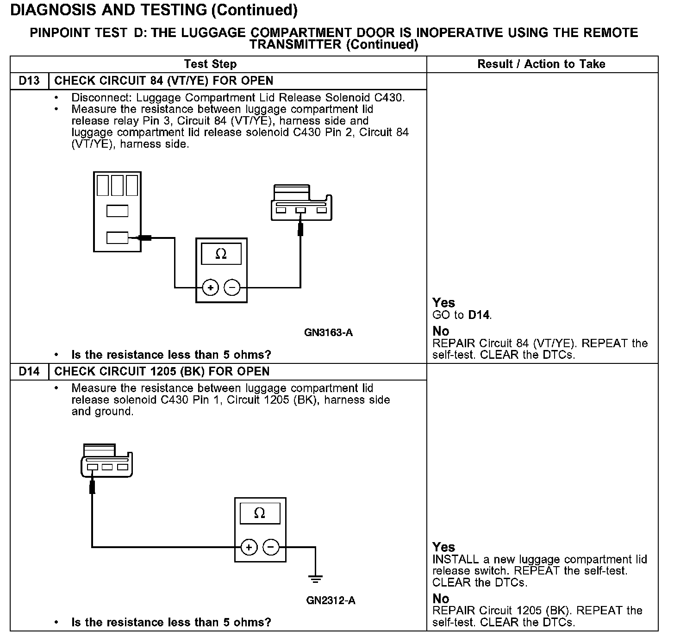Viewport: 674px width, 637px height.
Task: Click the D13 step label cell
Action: tap(29, 81)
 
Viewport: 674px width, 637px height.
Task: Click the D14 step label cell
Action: tap(29, 372)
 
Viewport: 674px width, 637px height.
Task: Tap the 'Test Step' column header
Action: tap(210, 64)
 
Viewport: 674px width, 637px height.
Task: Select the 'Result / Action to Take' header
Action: tap(541, 64)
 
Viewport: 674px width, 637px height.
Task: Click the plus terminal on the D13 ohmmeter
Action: tap(211, 288)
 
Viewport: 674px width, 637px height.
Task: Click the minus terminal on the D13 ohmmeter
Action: tap(232, 288)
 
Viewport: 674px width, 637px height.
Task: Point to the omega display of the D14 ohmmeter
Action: tap(260, 513)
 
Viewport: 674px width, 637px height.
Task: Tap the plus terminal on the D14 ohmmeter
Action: tap(249, 547)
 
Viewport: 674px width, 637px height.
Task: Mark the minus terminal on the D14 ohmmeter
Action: tap(271, 547)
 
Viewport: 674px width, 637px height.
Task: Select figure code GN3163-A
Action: tap(329, 332)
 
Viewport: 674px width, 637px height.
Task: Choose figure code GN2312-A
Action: tap(331, 601)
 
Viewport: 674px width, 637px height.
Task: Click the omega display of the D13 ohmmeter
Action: tap(221, 254)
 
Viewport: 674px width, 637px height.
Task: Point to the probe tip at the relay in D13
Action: tap(145, 238)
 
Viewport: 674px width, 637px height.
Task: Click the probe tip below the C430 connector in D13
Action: tap(300, 229)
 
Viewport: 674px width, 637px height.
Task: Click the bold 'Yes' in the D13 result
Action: tap(443, 303)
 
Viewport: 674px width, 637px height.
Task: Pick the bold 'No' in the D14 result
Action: tap(441, 599)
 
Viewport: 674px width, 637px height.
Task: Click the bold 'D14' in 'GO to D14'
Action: tap(479, 315)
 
